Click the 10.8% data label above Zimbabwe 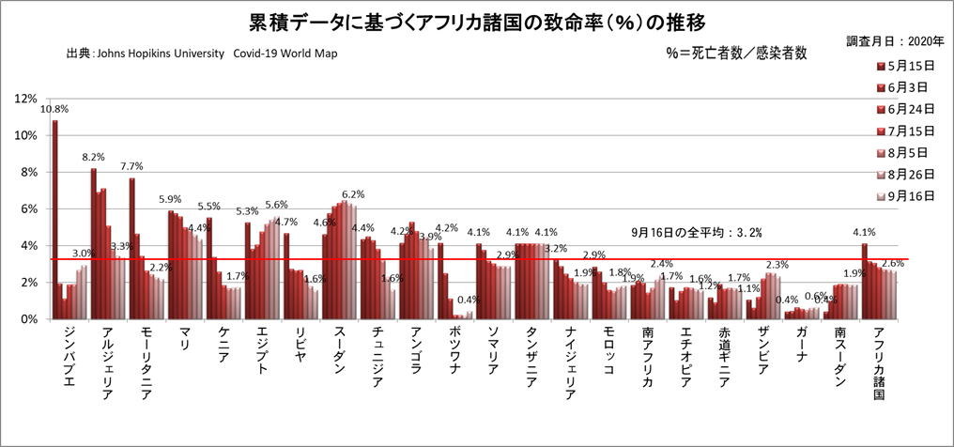point(54,109)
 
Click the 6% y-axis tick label point(28,208)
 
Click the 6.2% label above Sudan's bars point(353,194)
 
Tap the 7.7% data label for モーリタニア point(131,166)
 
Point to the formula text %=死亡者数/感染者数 point(734,54)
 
